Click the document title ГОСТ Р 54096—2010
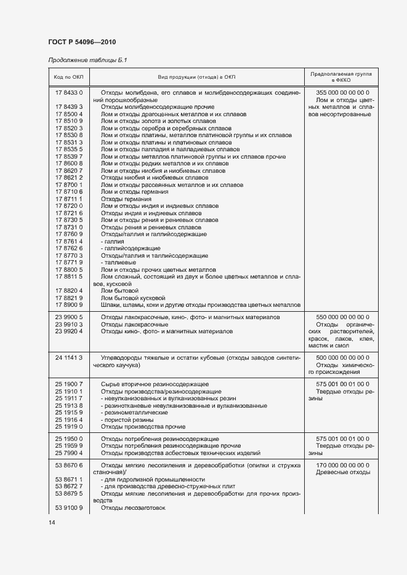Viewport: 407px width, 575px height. coord(82,42)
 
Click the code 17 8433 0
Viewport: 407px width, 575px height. coord(68,92)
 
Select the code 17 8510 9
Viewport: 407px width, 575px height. coord(68,121)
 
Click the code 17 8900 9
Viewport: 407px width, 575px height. coord(68,305)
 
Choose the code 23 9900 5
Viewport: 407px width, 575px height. coord(68,317)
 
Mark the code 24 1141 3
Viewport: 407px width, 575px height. coord(68,357)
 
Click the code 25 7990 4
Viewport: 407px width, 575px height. coord(68,453)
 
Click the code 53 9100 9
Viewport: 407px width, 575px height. coord(68,508)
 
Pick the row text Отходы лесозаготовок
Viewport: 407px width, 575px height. coord(133,508)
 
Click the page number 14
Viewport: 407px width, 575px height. coord(52,522)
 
